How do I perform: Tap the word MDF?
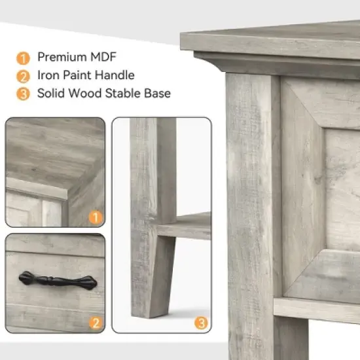(104, 57)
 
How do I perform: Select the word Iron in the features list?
(48, 75)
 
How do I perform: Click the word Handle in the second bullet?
(115, 75)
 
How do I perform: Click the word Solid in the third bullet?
(52, 94)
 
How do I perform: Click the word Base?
(157, 94)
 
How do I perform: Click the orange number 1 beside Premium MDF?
(22, 57)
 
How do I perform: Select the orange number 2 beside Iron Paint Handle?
(22, 75)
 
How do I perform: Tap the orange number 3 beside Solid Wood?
(22, 94)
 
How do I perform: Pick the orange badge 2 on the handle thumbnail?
(96, 322)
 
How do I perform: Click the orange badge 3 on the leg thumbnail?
(202, 322)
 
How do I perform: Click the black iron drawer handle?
(58, 281)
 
